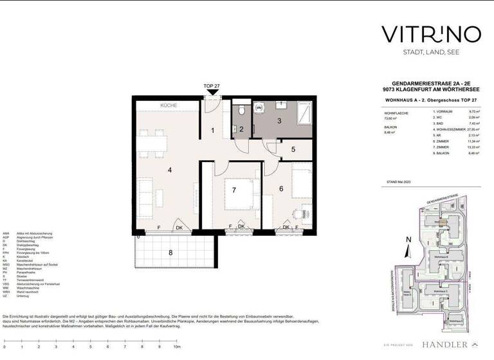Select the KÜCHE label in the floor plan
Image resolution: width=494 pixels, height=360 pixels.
coord(169,105)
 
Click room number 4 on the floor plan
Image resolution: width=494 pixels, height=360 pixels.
coord(170,170)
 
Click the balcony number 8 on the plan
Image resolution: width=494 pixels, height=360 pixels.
coord(170,253)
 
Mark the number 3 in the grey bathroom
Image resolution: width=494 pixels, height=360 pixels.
coord(279,120)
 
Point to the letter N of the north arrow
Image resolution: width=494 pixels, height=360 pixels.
coord(408,240)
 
